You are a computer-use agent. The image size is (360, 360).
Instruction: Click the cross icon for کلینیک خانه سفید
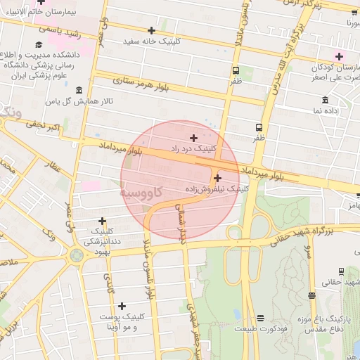coord(151,30)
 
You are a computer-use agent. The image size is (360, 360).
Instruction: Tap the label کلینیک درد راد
coord(195,148)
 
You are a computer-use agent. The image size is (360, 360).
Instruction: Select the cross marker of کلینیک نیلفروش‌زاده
coord(217,178)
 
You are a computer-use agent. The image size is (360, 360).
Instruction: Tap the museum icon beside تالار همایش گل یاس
coord(77,90)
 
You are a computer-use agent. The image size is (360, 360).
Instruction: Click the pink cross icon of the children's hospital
coord(339,56)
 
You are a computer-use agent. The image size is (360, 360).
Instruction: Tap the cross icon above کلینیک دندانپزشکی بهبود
coord(103,221)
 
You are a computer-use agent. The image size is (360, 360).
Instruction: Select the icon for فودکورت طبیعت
coord(261,319)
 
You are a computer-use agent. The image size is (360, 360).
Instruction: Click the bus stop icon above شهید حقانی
coord(341,271)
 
